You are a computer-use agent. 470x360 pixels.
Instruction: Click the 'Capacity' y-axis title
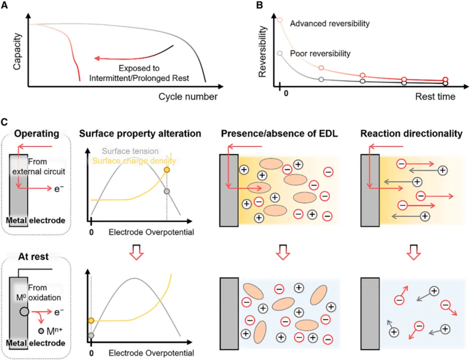(17, 54)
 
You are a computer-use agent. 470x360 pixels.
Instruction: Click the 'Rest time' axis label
(435, 96)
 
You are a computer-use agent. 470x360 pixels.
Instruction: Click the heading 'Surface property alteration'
(140, 134)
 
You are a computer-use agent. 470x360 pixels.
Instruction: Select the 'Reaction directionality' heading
(411, 134)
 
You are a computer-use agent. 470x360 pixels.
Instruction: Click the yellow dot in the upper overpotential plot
(166, 170)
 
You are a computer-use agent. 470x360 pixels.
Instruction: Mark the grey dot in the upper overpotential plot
(166, 191)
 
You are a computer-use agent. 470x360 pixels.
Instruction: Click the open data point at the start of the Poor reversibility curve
(280, 53)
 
